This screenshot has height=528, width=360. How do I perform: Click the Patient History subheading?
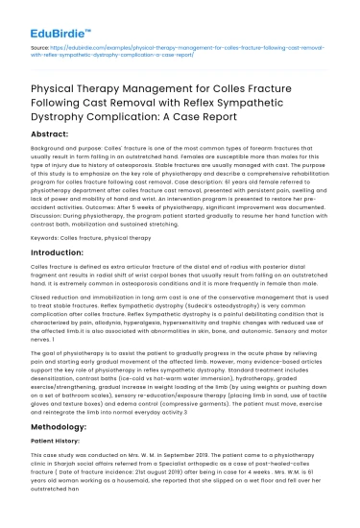tap(58, 467)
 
